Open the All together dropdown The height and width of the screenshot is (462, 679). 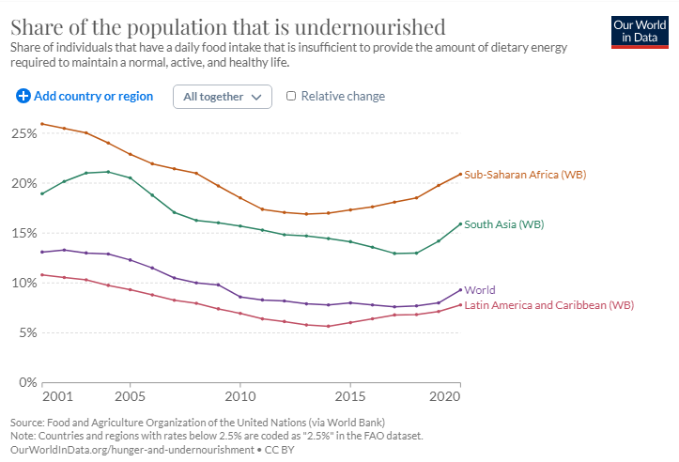click(x=223, y=97)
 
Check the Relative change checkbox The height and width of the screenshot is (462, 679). click(x=291, y=96)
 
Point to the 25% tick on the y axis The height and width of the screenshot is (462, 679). click(x=23, y=133)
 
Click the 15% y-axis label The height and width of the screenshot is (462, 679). click(x=23, y=233)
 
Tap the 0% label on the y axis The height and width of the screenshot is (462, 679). click(x=27, y=383)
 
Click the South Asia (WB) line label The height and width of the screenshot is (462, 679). click(x=504, y=224)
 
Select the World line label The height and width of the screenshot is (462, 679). click(x=480, y=290)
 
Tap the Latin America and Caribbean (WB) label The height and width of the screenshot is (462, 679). click(x=549, y=305)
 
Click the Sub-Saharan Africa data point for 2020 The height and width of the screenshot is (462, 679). click(x=460, y=174)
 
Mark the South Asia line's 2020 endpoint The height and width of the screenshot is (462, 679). click(x=460, y=223)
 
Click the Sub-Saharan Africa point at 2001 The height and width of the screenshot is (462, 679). click(x=42, y=124)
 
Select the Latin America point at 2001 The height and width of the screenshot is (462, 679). click(x=42, y=275)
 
